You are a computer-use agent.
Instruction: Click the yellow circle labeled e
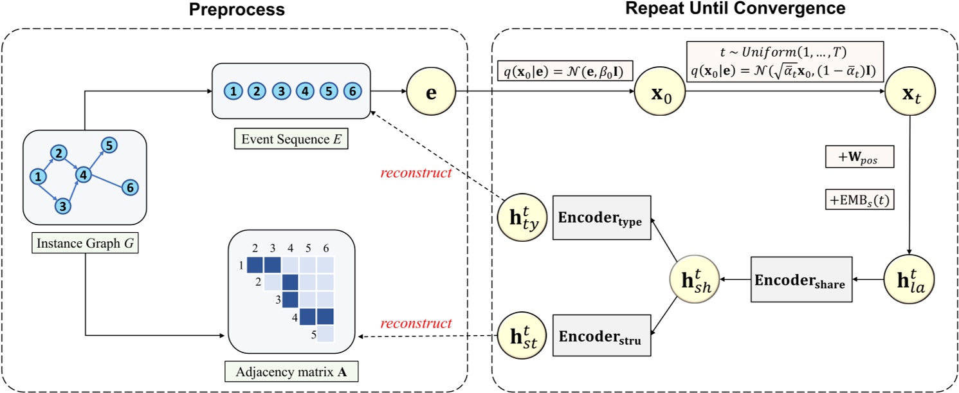tap(431, 92)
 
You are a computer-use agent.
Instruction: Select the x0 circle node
tap(659, 92)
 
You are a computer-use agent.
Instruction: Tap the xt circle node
tap(908, 92)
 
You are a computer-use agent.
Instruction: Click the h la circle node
tap(908, 280)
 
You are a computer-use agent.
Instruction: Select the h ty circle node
tap(521, 216)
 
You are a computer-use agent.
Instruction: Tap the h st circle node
tap(521, 336)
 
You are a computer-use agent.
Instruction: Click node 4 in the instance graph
tap(83, 174)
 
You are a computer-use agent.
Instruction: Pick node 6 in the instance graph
tap(130, 187)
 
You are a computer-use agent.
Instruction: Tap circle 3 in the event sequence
tap(281, 91)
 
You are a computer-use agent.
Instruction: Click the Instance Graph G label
tap(84, 242)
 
